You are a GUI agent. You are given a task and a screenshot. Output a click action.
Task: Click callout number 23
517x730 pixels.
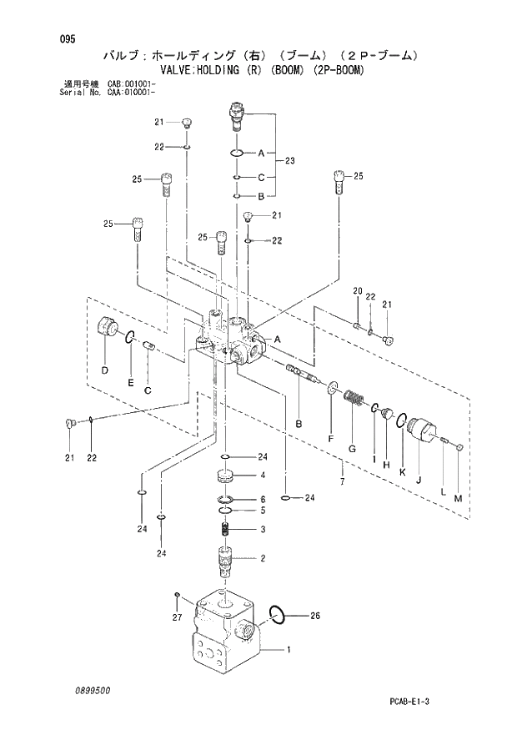point(289,160)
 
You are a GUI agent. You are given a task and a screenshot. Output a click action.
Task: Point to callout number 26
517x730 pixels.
point(314,617)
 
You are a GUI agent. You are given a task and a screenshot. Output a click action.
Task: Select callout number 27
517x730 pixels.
point(176,617)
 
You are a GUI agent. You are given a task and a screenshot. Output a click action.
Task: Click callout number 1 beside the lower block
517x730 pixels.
point(289,649)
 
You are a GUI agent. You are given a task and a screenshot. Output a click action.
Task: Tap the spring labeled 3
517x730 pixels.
point(224,530)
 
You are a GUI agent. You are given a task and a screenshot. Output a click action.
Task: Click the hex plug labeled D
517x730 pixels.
point(107,328)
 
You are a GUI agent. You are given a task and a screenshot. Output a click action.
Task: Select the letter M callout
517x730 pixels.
point(457,499)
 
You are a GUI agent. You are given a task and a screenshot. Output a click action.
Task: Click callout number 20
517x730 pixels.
point(356,290)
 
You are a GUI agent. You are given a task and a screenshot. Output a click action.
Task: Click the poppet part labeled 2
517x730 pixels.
point(225,560)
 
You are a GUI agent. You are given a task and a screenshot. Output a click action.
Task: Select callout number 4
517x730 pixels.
point(262,475)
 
